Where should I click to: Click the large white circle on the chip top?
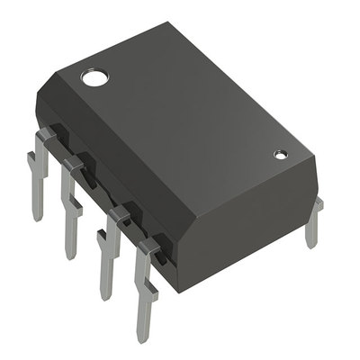(x=93, y=77)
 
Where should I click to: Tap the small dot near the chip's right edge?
(x=280, y=155)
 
